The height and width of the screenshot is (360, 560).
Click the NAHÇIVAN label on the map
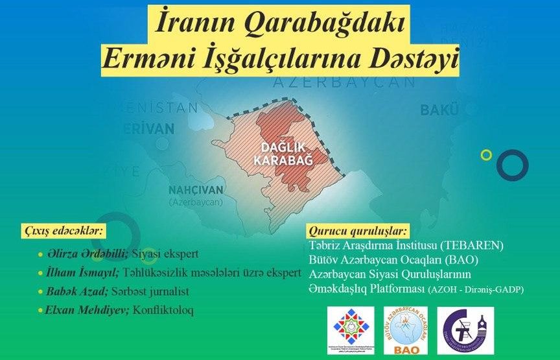pyautogui.click(x=196, y=190)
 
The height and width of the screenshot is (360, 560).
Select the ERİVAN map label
pyautogui.click(x=148, y=128)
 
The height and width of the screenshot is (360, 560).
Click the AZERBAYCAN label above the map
pyautogui.click(x=343, y=82)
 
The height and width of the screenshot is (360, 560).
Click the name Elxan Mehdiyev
pyautogui.click(x=87, y=310)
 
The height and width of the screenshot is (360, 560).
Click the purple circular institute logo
pyautogui.click(x=464, y=330)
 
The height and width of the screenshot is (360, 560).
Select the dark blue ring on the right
pyautogui.click(x=512, y=164)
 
